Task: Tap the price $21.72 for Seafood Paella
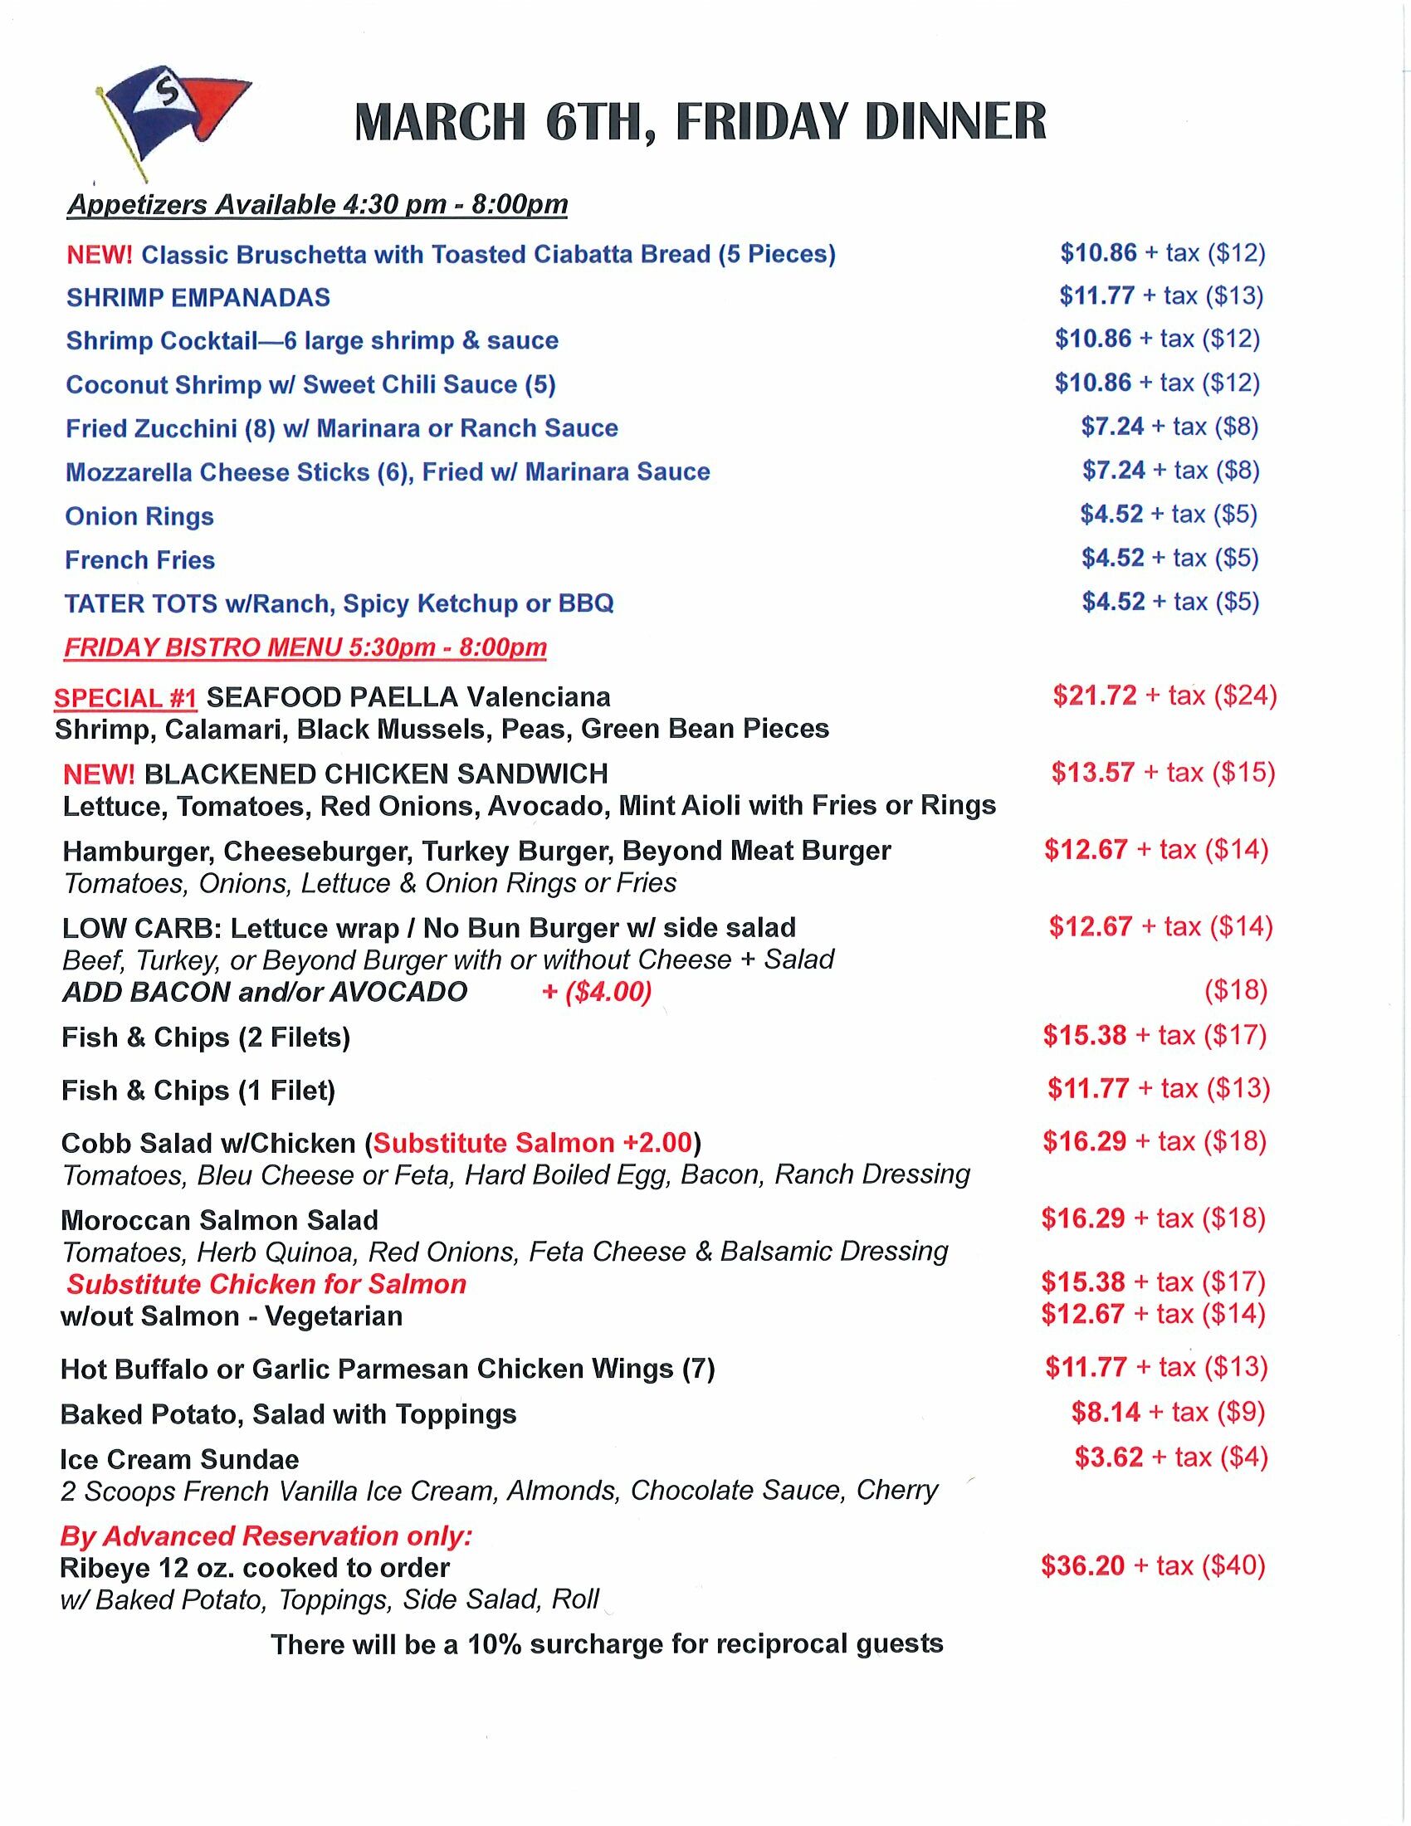point(1094,696)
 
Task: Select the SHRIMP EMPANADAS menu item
point(198,298)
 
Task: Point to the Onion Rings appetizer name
point(139,517)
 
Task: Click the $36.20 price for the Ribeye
point(1082,1565)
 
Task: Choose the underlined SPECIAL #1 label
point(125,698)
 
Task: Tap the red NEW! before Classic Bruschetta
point(100,255)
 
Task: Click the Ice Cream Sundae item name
point(180,1459)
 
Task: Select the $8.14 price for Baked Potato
point(1105,1412)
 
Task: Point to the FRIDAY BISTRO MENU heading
point(305,647)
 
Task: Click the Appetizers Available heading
point(317,205)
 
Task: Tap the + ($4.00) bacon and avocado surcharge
point(596,992)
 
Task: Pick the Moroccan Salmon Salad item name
point(219,1220)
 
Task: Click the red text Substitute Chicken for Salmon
point(266,1284)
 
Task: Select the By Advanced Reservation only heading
point(266,1535)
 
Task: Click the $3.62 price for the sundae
point(1108,1457)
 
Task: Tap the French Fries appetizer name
point(139,560)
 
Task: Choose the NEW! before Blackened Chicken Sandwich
point(99,774)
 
